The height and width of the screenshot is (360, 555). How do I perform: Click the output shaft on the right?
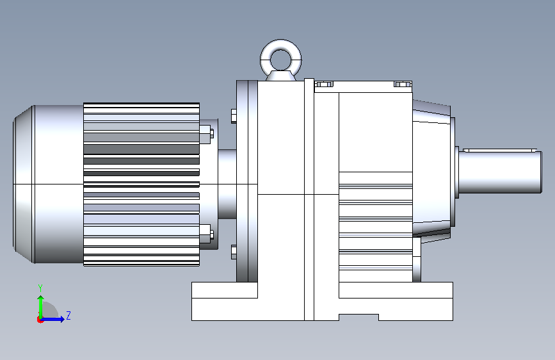(500, 172)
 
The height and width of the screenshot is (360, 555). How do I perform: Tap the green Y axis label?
(40, 288)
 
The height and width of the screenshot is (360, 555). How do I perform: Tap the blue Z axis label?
(68, 315)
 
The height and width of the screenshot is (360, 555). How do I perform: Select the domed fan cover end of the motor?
(23, 184)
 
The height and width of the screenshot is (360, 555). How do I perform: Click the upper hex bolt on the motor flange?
(206, 134)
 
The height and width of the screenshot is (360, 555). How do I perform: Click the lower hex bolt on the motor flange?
(206, 234)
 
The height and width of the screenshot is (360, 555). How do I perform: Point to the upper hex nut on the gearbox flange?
(234, 116)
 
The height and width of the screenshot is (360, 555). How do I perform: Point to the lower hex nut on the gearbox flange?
(234, 252)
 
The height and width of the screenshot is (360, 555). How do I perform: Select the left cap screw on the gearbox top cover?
(324, 84)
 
